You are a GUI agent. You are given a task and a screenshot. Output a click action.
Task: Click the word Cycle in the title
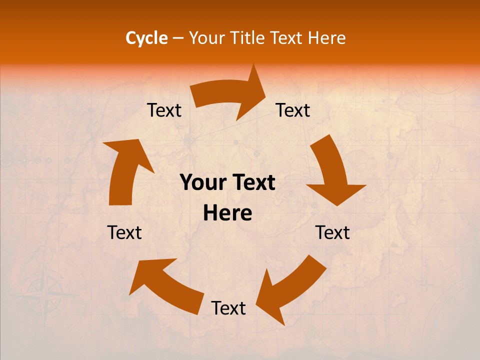pos(146,38)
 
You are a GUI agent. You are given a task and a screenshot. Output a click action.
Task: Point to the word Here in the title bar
pos(327,38)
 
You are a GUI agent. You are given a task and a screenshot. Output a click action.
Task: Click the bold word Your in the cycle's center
pos(203,183)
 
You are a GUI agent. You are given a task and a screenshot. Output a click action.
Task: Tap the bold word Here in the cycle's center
pos(227,213)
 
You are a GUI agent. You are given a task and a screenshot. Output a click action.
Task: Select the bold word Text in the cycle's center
pos(253,183)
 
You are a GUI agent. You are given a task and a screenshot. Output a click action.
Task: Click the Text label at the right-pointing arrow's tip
pos(293,110)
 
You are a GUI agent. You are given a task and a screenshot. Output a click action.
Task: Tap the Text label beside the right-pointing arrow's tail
pos(164,110)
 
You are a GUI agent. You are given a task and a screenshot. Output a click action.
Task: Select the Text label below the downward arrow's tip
pos(332,232)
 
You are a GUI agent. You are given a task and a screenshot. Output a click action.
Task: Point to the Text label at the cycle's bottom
pos(228,308)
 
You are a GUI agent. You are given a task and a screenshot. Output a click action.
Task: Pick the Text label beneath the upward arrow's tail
pos(124,232)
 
